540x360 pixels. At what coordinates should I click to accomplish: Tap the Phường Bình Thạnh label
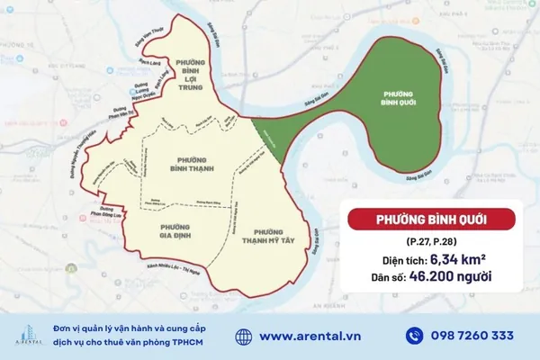[189, 162]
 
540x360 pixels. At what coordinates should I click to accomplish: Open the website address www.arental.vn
[310, 336]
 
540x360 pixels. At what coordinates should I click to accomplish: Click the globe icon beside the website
[243, 336]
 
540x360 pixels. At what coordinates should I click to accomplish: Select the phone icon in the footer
[414, 336]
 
